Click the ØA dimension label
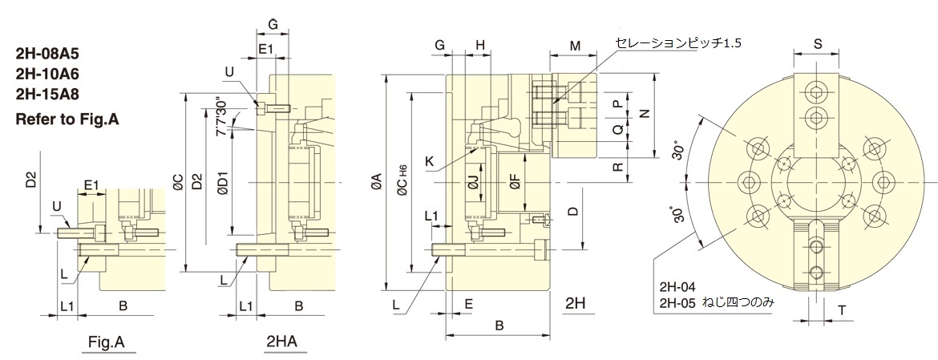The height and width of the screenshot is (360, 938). [x=376, y=188]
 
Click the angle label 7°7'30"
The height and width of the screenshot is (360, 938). [x=220, y=115]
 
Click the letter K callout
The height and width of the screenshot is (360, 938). [x=431, y=161]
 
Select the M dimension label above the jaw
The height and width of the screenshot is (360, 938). [x=576, y=46]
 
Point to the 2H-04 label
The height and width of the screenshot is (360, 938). [x=677, y=286]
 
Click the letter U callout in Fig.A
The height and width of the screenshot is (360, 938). [x=56, y=206]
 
